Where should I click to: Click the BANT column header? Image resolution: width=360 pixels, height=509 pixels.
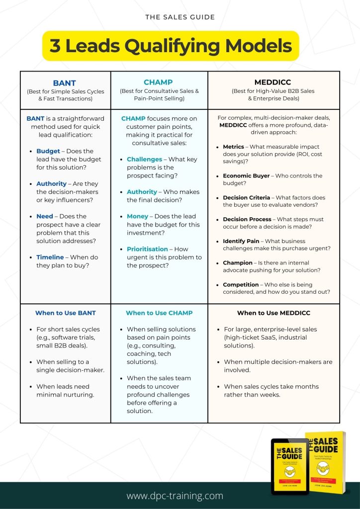click(x=65, y=83)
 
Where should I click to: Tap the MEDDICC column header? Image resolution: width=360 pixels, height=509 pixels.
click(x=273, y=82)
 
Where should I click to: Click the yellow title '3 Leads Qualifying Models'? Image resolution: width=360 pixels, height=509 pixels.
click(x=171, y=46)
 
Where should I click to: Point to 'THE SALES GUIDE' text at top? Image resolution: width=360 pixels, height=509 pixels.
click(x=180, y=17)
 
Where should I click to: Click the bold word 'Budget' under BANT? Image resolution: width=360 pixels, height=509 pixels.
click(x=48, y=151)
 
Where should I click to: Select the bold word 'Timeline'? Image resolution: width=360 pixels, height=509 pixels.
click(x=50, y=257)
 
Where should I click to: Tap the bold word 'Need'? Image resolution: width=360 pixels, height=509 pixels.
click(x=45, y=216)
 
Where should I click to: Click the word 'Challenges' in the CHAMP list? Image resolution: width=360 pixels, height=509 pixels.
click(x=144, y=159)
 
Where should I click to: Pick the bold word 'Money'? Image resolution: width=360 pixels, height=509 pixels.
click(x=138, y=216)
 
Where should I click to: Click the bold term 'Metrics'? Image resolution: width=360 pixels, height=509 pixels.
click(x=234, y=147)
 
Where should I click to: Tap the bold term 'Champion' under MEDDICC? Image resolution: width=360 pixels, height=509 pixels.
click(x=238, y=262)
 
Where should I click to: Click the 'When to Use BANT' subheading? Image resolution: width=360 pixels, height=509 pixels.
click(x=65, y=313)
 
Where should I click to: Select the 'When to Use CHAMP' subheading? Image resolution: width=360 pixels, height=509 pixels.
click(x=159, y=313)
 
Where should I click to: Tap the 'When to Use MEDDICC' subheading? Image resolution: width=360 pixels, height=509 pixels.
click(x=273, y=313)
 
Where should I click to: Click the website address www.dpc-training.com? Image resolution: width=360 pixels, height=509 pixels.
click(x=175, y=496)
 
